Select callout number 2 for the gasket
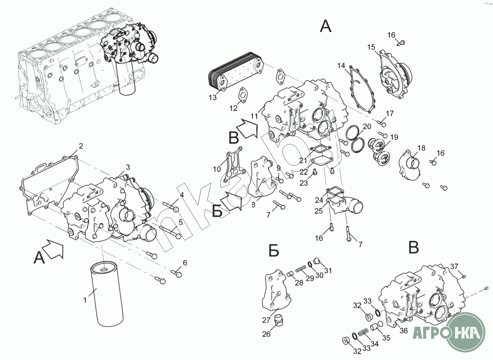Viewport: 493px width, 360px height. tap(80, 146)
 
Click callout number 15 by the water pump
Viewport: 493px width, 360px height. tap(371, 47)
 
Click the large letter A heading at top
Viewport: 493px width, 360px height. tap(325, 26)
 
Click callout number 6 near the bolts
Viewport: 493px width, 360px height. tap(185, 263)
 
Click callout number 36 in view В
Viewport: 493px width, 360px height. tap(404, 331)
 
